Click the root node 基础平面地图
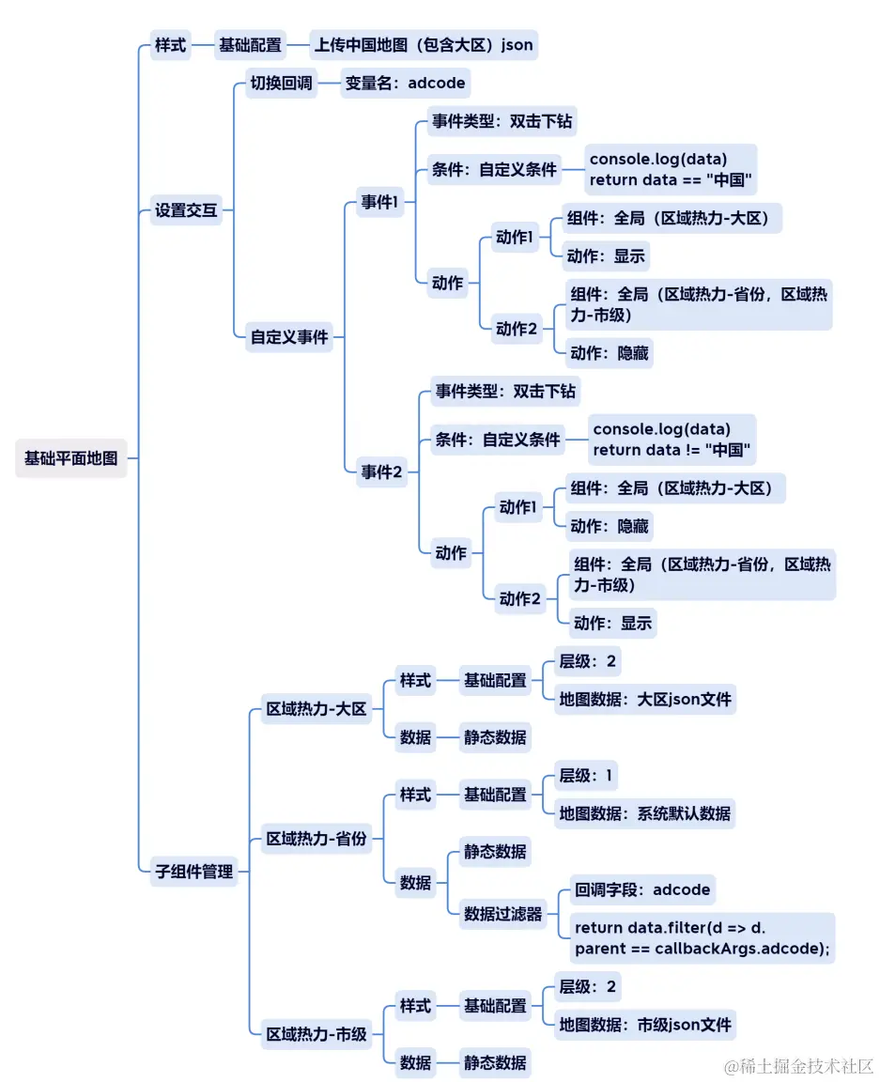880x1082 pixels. tap(71, 458)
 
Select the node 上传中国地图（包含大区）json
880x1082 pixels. tap(425, 44)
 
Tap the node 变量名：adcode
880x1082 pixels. tap(405, 83)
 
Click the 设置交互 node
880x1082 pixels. tap(186, 210)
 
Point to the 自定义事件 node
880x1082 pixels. tap(289, 336)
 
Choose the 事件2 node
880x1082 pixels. tap(381, 472)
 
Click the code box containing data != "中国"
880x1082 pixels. tap(673, 440)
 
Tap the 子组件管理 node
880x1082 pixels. tap(193, 871)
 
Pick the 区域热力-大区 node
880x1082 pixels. tap(316, 709)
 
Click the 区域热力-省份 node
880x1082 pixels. tap(316, 839)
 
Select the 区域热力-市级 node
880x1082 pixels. tap(316, 1035)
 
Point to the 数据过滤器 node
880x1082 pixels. tap(502, 913)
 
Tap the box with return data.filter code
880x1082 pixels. tap(702, 937)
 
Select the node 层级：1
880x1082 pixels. tap(586, 776)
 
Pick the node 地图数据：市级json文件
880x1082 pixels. tap(644, 1024)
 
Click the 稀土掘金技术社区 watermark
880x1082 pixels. tap(798, 1066)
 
